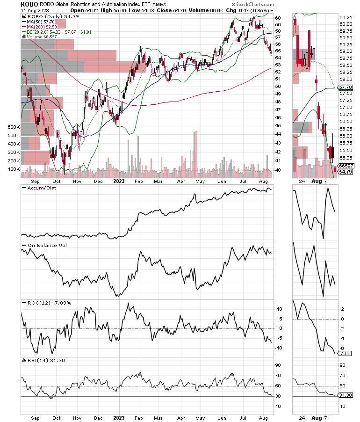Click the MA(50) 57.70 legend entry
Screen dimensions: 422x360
(41, 21)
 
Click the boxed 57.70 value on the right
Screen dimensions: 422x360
(345, 87)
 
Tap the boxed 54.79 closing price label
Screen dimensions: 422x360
(345, 172)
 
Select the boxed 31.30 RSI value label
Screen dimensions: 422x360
(345, 395)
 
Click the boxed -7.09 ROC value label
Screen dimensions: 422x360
(345, 353)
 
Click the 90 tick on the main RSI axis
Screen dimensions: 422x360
(278, 365)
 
